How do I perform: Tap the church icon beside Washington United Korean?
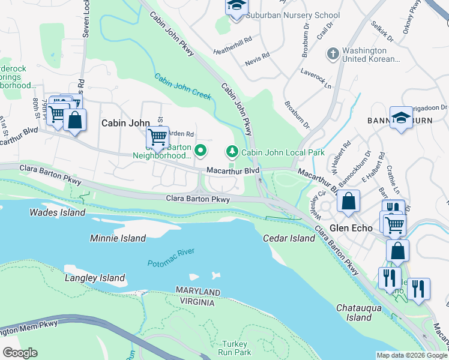tap(333, 54)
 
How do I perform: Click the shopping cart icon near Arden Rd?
tap(157, 137)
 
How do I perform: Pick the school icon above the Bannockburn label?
tap(401, 118)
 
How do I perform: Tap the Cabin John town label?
tap(125, 122)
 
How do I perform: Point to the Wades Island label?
tap(58, 212)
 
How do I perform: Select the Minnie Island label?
tap(118, 238)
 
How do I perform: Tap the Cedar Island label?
tap(289, 238)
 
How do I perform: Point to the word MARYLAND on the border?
tap(197, 291)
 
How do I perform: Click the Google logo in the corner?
tap(20, 352)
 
